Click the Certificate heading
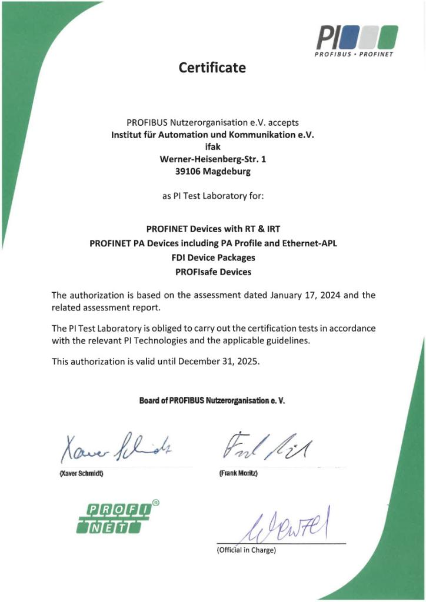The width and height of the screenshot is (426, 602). [212, 68]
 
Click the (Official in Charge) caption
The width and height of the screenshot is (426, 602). [246, 550]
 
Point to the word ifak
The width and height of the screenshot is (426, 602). [212, 147]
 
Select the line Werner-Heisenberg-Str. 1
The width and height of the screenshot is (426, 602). [212, 159]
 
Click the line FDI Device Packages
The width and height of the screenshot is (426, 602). [212, 257]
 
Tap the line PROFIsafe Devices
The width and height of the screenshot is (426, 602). [212, 272]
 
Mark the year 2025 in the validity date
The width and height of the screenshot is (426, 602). [246, 362]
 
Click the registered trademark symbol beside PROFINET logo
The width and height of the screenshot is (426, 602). [155, 503]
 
